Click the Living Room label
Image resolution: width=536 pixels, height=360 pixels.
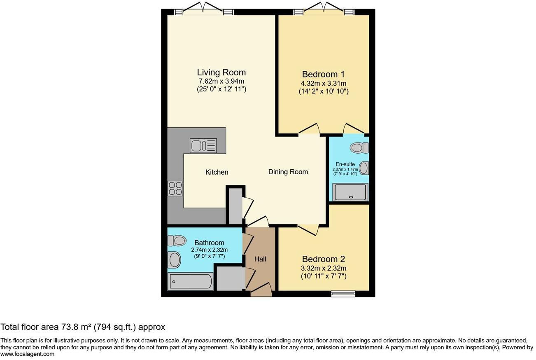221,72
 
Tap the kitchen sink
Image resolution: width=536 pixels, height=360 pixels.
203,145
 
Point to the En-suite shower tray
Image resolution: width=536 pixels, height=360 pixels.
350,192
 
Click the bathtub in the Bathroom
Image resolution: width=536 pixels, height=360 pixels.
190,282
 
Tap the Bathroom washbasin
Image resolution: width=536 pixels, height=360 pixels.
175,260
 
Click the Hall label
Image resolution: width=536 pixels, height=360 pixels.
260,259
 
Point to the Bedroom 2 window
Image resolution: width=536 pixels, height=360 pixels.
343,293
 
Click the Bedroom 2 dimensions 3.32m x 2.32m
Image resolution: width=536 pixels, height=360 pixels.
323,268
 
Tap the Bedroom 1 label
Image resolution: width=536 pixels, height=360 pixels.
323,75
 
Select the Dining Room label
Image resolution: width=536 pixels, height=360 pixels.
288,172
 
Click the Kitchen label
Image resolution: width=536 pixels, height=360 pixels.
217,172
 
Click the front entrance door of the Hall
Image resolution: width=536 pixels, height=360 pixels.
261,289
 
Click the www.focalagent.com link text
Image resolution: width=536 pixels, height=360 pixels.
27,354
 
